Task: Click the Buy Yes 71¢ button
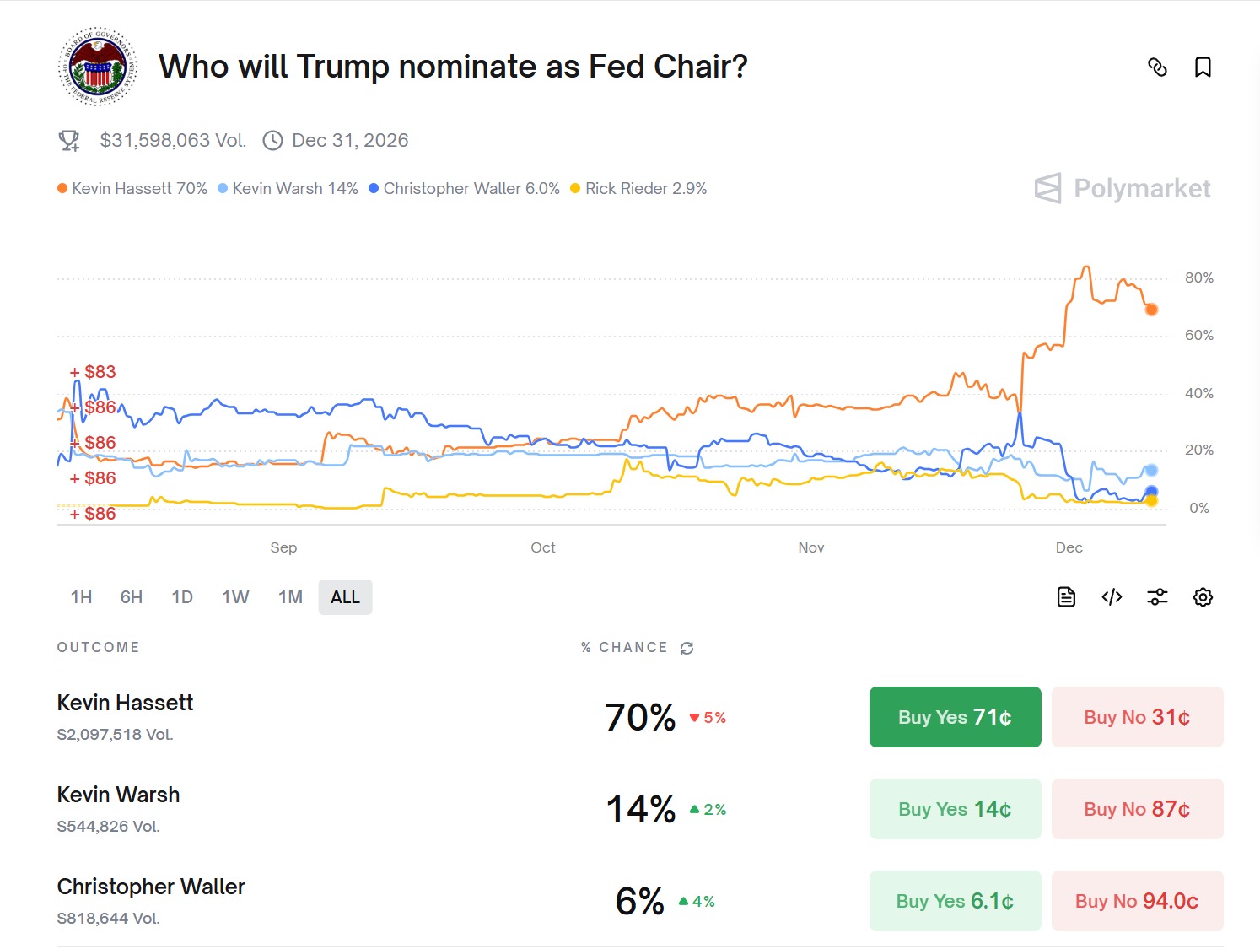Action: [955, 717]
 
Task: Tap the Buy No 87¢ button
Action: [1137, 809]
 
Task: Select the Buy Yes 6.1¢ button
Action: [955, 901]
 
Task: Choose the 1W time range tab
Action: [235, 597]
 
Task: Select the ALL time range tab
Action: [345, 597]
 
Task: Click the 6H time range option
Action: [132, 597]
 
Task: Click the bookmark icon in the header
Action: [1203, 67]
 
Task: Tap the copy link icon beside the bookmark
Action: [1157, 67]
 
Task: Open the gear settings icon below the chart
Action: [1203, 597]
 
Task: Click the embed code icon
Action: [1112, 597]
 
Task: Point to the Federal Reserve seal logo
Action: [98, 67]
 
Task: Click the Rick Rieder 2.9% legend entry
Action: [638, 188]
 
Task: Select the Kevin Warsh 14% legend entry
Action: [288, 188]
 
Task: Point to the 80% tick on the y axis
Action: [1198, 278]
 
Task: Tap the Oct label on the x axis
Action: [543, 547]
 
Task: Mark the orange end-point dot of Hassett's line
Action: [1151, 310]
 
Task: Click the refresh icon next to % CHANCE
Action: [687, 648]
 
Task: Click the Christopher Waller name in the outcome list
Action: [151, 887]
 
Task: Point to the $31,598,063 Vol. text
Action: [173, 140]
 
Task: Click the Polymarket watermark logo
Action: [1123, 188]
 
